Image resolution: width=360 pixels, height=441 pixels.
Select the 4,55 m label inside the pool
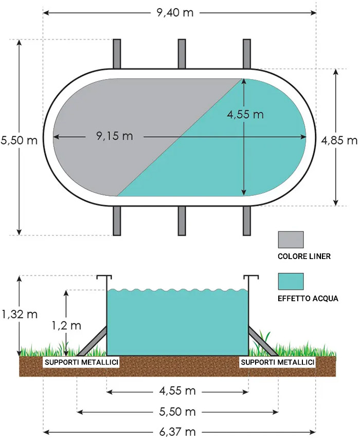245,114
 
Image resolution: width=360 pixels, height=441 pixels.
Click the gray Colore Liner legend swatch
291,240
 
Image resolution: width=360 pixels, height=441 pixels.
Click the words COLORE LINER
303,256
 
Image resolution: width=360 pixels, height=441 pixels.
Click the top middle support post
182,53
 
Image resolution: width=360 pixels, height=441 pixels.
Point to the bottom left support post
117,221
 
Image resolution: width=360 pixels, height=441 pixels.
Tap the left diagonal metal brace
92,341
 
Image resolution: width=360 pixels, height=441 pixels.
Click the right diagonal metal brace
263,341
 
